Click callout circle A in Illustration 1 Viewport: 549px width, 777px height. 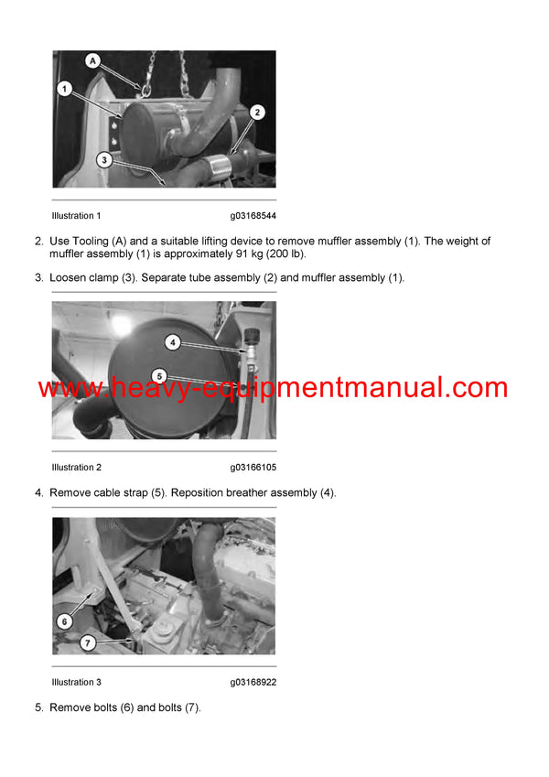[91, 60]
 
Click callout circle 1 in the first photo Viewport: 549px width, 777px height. [64, 89]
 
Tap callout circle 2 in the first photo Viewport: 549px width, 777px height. [257, 113]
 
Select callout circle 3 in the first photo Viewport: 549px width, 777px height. [105, 159]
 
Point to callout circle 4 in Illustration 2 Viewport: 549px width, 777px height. [173, 343]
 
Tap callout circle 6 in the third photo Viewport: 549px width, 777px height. [64, 621]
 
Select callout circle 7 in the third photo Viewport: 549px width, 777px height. [88, 643]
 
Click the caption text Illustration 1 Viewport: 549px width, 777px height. [76, 216]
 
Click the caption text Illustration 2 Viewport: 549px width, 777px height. [76, 468]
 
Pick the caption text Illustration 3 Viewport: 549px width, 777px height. [76, 682]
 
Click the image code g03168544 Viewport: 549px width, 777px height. [253, 216]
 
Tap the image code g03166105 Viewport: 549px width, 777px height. [253, 468]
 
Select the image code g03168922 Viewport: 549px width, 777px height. [253, 682]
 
